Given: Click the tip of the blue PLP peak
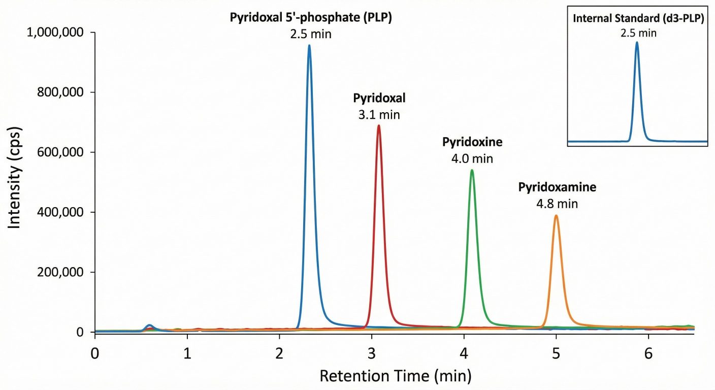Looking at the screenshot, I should point(309,46).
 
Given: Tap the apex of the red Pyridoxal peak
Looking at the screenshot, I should point(378,125).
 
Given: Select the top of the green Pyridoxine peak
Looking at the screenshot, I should point(472,170).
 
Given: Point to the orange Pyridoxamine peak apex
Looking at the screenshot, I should point(556,215).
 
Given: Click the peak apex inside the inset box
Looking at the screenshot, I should point(637,43).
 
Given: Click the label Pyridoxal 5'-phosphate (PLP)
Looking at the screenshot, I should point(311,18).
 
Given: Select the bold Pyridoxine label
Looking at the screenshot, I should point(472,142).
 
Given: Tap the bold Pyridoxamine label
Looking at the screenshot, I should point(557,187).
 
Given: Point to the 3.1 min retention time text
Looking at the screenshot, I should point(379,115).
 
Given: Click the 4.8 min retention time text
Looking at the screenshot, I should point(557,204).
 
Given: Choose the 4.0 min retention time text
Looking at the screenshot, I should point(472,159).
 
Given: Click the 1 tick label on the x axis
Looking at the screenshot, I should point(187,353).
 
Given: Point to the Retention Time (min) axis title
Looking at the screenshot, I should point(395,377).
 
